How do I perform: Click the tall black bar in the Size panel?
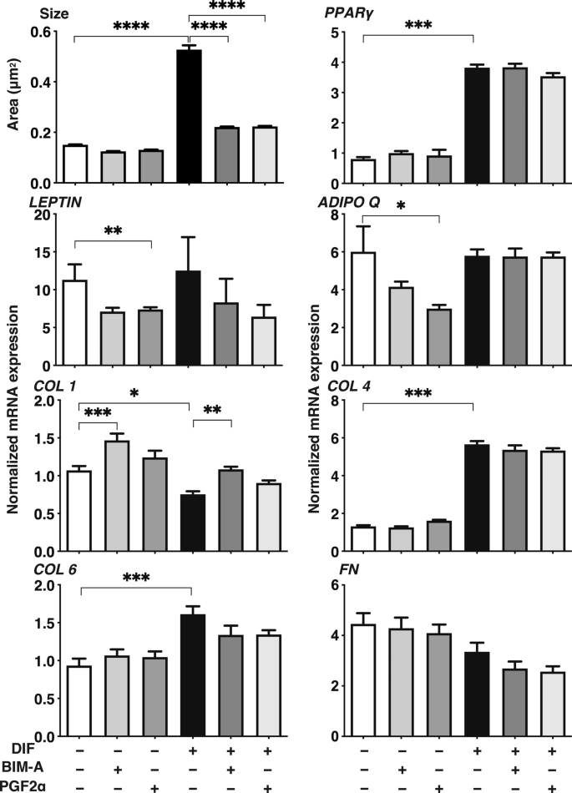[190, 117]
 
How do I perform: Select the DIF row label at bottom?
[16, 749]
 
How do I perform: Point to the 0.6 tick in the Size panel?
[39, 32]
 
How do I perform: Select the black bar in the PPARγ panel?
[476, 125]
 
